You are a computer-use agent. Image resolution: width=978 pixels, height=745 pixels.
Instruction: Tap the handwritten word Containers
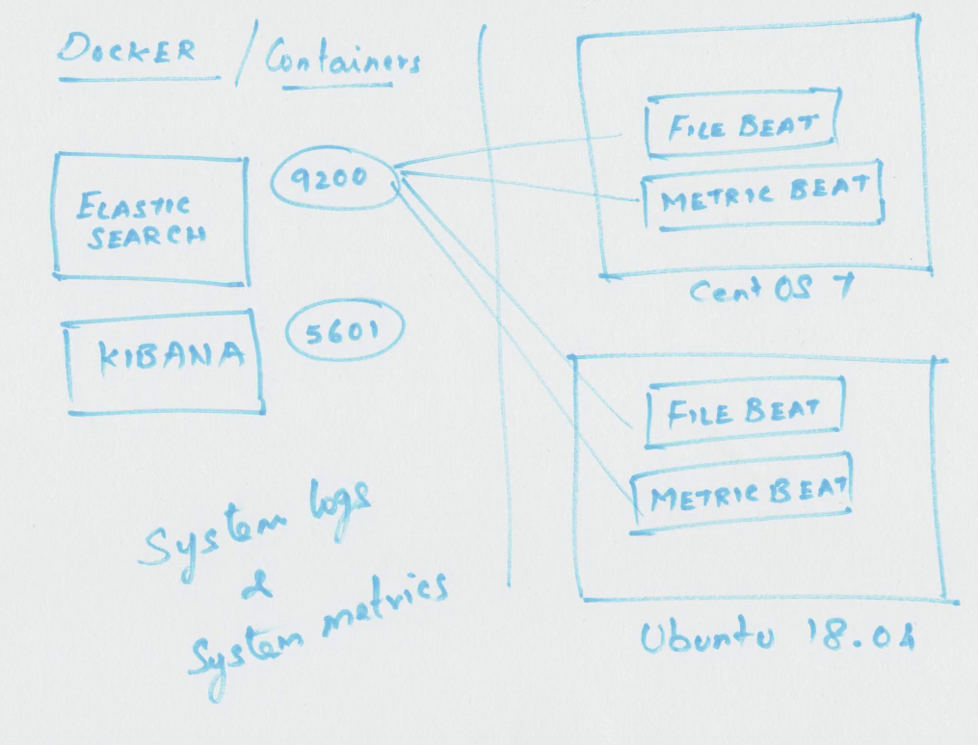(x=342, y=61)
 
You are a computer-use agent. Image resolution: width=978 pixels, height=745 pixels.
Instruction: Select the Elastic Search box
(x=149, y=219)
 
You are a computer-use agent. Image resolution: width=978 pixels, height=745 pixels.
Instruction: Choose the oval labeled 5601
(x=344, y=332)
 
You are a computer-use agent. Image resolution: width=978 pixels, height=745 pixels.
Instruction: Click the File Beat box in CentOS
(x=741, y=125)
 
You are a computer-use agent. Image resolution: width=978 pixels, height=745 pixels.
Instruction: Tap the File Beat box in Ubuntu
(x=744, y=413)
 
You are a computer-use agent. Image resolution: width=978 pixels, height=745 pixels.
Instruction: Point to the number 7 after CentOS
(x=839, y=288)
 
